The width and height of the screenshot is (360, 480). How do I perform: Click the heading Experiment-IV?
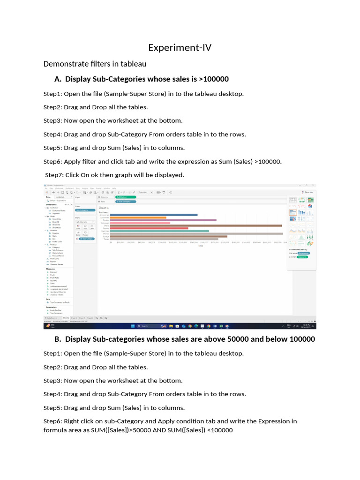click(x=180, y=47)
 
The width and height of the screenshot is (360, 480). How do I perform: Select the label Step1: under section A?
click(x=52, y=94)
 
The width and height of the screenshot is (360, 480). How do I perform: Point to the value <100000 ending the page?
click(x=220, y=430)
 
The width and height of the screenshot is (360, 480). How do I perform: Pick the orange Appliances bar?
click(x=138, y=217)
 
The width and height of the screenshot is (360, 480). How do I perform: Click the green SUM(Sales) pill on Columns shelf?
click(x=125, y=197)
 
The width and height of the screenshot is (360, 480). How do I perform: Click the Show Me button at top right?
click(x=308, y=192)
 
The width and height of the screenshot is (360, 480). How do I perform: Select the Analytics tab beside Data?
click(x=60, y=197)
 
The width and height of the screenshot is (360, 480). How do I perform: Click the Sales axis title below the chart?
click(x=201, y=245)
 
